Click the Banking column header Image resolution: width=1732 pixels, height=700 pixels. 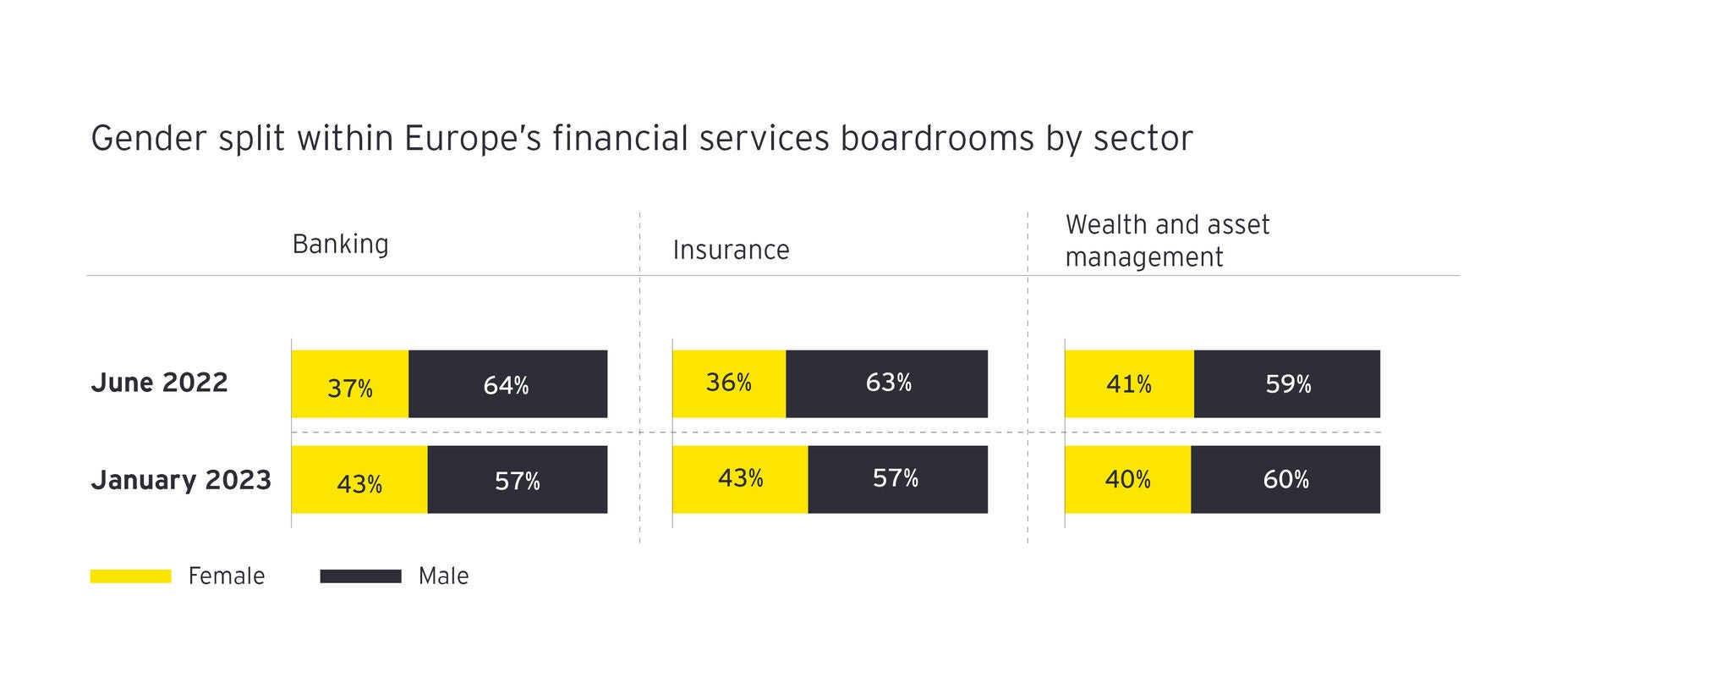(340, 244)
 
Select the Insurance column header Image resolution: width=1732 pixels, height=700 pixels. (731, 250)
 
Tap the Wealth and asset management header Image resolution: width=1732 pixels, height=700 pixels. (1167, 240)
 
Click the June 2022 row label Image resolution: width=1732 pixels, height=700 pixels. (159, 383)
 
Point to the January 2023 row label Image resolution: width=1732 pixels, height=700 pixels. (181, 480)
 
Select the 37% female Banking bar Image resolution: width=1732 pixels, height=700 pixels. (349, 384)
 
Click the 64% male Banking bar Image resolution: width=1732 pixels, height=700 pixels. (507, 384)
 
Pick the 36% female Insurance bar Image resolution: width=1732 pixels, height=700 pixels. (729, 383)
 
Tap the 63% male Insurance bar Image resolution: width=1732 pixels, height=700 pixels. (887, 383)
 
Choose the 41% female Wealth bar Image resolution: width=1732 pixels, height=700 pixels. (1129, 384)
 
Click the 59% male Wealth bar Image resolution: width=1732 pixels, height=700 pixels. (1287, 384)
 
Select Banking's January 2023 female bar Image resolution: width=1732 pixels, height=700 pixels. (359, 480)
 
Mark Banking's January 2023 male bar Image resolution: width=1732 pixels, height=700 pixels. (518, 480)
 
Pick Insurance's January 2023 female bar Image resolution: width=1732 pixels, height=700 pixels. (740, 479)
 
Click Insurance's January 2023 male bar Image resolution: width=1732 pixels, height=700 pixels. (897, 479)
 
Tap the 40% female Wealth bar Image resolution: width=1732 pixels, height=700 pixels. (1127, 480)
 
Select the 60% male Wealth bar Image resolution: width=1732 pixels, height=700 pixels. (1285, 480)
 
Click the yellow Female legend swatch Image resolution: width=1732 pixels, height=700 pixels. (130, 576)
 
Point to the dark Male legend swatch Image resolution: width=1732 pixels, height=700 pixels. (360, 576)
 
